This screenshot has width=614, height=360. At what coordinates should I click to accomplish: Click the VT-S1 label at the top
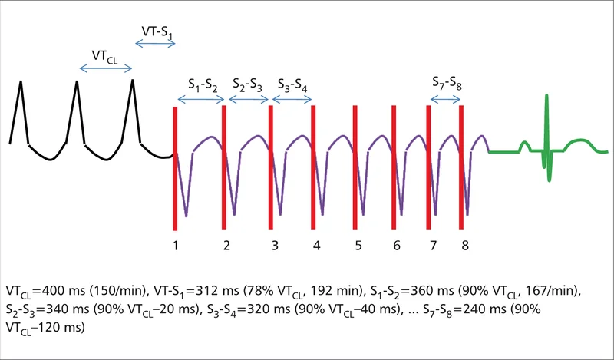pos(157,31)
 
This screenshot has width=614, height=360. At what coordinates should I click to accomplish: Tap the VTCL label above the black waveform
pos(104,56)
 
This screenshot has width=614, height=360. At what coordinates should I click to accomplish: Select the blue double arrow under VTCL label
pos(106,69)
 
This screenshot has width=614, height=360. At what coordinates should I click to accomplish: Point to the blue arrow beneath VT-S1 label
pos(155,44)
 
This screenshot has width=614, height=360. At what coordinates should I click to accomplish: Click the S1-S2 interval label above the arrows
pos(203,85)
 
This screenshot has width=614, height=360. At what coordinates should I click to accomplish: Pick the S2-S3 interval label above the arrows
pos(247,84)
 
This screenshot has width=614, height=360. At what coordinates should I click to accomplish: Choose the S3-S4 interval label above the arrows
pos(292,85)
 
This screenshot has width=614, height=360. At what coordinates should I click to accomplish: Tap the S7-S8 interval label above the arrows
pos(447,84)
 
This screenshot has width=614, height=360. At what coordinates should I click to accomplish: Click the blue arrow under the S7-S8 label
pos(445,100)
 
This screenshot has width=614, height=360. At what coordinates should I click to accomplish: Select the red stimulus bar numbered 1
pos(175,168)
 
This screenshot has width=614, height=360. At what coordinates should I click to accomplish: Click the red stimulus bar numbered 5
pos(355,167)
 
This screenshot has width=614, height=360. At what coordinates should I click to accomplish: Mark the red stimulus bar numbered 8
pos(461,167)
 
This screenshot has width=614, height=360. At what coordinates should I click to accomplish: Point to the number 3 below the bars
pos(275,246)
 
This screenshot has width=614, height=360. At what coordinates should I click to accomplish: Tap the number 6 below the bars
pos(397,246)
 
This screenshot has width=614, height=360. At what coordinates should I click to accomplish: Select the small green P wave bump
pos(524,147)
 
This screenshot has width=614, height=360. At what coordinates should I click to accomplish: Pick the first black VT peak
pos(21,81)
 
